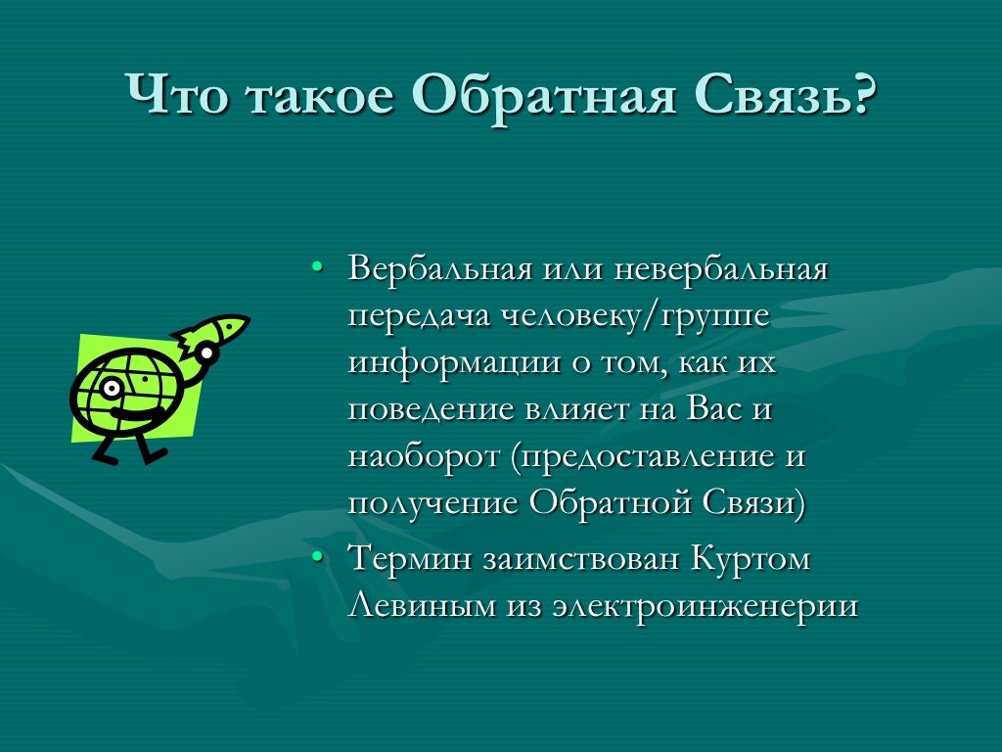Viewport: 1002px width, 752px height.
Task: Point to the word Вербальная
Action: click(x=440, y=268)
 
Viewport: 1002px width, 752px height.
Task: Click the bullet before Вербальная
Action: click(x=316, y=266)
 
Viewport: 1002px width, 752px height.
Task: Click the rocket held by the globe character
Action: click(x=215, y=332)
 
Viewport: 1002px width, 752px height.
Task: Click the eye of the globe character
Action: click(x=111, y=389)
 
